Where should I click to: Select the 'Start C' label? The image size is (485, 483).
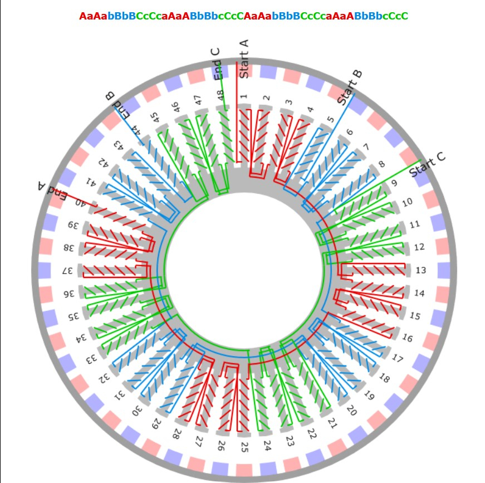point(428,164)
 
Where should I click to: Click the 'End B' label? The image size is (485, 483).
point(119,104)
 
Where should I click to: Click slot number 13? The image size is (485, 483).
point(421,271)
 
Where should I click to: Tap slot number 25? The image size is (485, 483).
point(244,446)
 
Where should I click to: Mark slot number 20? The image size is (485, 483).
point(350,411)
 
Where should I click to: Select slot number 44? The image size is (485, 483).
point(136,132)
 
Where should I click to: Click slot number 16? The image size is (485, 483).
point(407,338)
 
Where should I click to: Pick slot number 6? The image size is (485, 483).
point(349,132)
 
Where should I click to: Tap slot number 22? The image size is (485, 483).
point(312,434)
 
